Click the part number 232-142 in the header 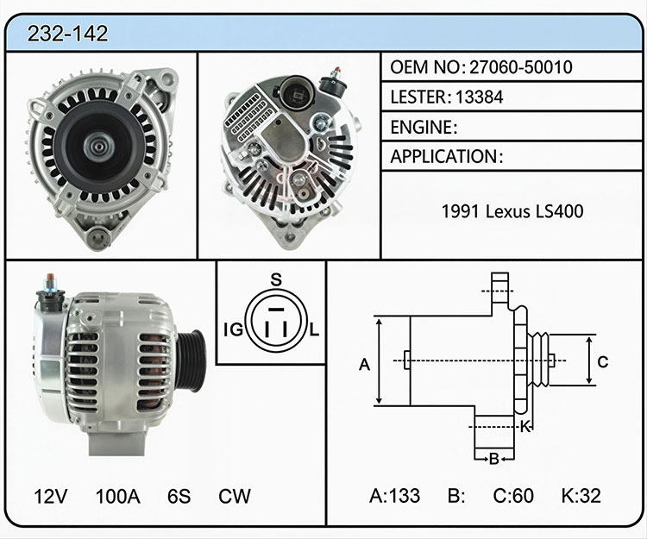[x=67, y=34]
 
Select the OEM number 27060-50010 [x=521, y=67]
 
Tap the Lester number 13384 [x=479, y=97]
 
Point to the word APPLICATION [x=443, y=157]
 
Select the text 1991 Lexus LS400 [x=512, y=211]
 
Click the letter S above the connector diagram [x=276, y=280]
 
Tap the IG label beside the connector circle [x=233, y=330]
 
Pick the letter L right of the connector [x=314, y=330]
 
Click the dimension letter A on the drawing [x=364, y=365]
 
